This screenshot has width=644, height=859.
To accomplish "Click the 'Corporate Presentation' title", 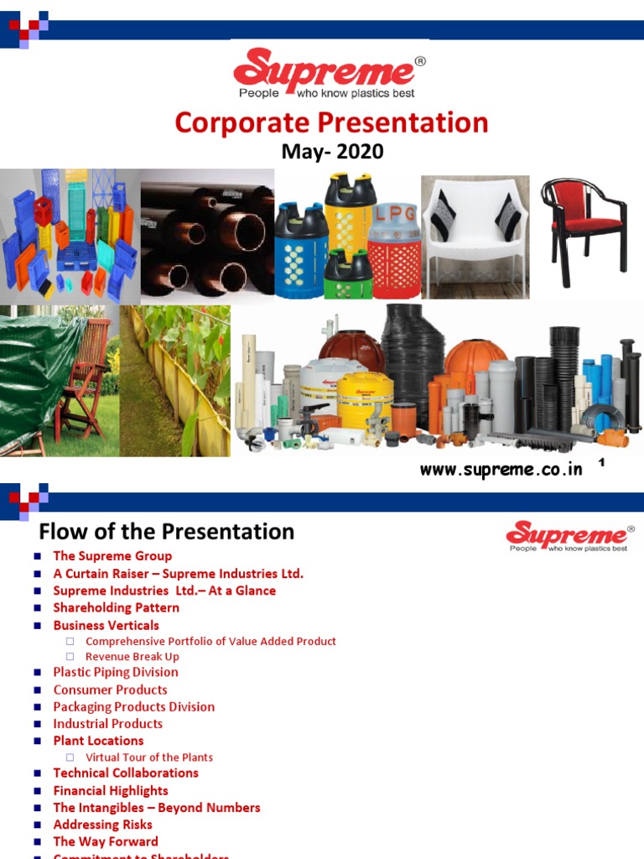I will click(x=331, y=122).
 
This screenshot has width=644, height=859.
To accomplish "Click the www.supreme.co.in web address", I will click(x=501, y=470).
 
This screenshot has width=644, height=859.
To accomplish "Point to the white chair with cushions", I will click(x=475, y=231).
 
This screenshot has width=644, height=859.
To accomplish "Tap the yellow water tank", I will click(x=364, y=398).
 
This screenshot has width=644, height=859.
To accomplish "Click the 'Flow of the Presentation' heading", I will click(x=167, y=532).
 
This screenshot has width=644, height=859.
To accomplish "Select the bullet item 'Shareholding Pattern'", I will click(x=116, y=607).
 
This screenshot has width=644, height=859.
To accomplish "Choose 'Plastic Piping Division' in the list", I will click(x=116, y=672).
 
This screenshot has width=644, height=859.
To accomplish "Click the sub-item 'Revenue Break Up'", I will click(x=132, y=657).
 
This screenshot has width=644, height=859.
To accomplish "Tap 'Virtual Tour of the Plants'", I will click(x=149, y=757).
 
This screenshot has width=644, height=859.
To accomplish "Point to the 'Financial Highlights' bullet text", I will click(x=111, y=790).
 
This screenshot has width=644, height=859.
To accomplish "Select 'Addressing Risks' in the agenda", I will click(x=103, y=825).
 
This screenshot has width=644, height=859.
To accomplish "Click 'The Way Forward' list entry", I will click(x=106, y=841).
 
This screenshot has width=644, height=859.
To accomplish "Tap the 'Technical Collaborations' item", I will click(x=126, y=773).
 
